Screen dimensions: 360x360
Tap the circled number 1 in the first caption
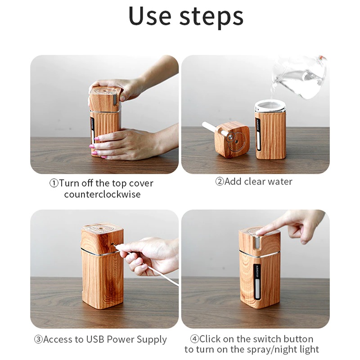54,184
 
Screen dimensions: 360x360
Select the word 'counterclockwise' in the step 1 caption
102,194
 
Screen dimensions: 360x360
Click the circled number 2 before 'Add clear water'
219,182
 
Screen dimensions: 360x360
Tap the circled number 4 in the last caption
194,339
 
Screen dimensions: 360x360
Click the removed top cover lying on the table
231,139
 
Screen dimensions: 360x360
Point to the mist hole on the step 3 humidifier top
102,228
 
